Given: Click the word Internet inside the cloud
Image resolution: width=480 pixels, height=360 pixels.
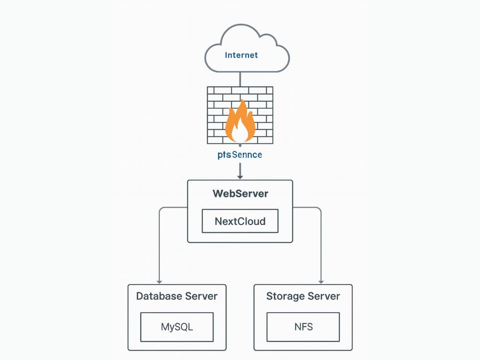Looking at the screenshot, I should click(241, 55).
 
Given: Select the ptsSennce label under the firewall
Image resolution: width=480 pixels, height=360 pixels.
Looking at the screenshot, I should click(240, 155).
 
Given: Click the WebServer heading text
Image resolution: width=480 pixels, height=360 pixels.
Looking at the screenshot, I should click(240, 194).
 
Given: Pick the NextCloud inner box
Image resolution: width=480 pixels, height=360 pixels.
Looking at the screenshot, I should click(240, 221).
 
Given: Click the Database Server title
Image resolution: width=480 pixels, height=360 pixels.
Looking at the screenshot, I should click(177, 296).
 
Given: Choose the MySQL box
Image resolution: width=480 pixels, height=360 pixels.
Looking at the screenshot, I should click(177, 327).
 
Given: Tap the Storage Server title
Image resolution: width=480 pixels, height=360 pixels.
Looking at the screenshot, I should click(303, 296).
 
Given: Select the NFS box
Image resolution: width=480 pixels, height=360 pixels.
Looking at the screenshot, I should click(303, 327).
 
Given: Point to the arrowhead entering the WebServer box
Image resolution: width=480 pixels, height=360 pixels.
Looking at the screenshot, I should click(240, 177).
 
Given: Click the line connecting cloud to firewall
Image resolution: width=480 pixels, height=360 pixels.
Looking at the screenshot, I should click(240, 79).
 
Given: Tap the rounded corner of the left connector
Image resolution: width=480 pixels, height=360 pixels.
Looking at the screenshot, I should click(161, 209).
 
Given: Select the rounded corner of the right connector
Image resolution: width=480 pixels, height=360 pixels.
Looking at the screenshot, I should click(319, 209).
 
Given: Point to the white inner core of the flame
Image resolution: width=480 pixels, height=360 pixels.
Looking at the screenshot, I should click(240, 134).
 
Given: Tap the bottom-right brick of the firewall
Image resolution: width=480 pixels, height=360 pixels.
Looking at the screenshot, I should click(266, 140).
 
